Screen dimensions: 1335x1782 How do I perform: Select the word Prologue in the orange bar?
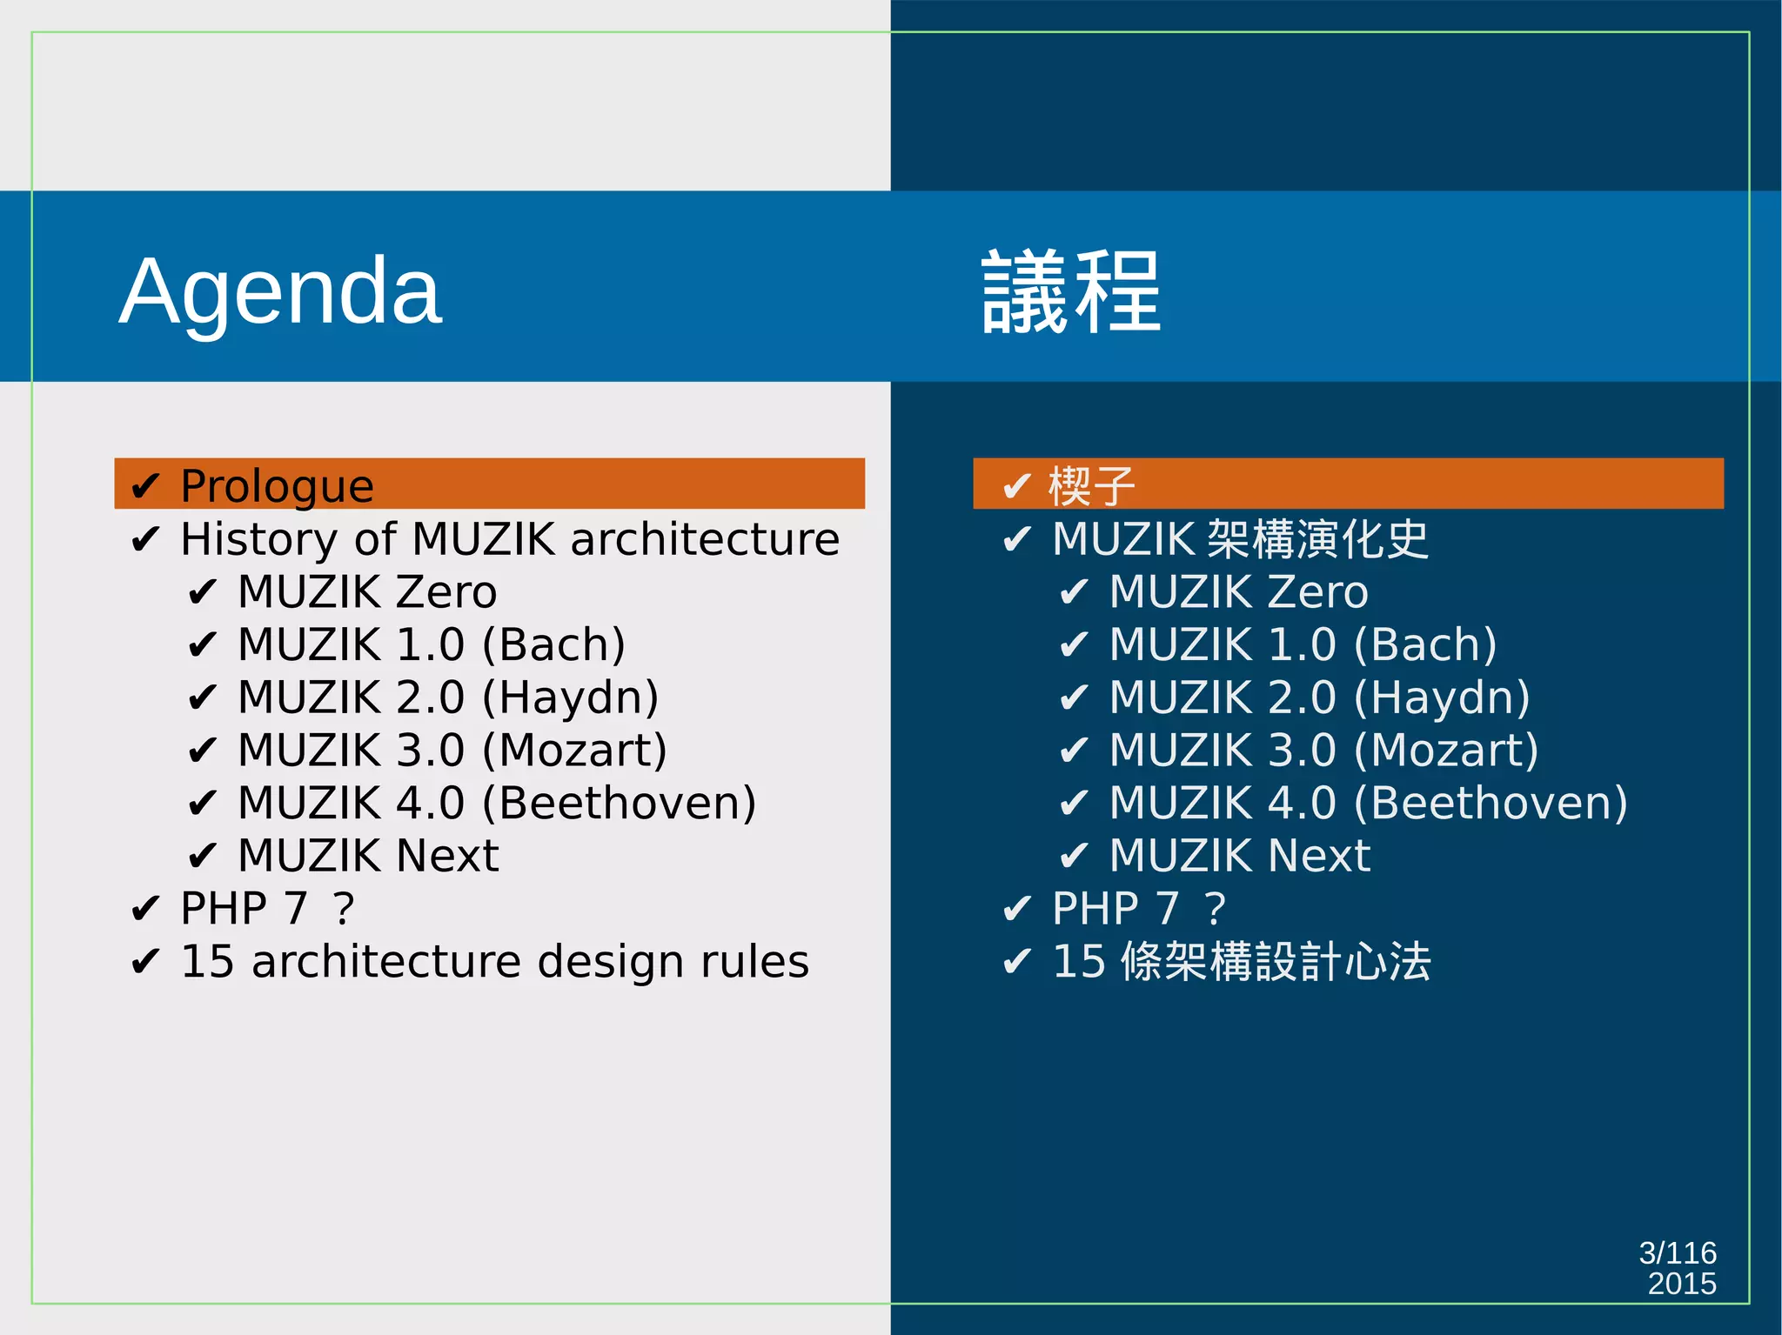point(277,485)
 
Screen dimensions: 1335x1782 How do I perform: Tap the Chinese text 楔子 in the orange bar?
point(1091,485)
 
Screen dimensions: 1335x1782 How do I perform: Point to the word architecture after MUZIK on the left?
point(705,539)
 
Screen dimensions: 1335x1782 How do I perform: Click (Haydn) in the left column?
point(570,698)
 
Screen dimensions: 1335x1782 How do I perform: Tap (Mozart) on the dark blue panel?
point(1446,751)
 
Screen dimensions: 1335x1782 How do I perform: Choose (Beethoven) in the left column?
point(619,803)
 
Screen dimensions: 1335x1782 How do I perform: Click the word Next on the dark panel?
point(1318,856)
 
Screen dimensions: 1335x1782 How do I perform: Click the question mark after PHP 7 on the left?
point(344,909)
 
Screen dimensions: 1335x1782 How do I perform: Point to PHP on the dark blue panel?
point(1095,909)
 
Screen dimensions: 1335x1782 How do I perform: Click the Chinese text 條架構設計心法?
point(1276,962)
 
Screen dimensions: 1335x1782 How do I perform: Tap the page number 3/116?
point(1677,1253)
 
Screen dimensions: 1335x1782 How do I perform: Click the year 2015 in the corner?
point(1681,1284)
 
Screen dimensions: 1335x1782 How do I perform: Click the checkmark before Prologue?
point(145,486)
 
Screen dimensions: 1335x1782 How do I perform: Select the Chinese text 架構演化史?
point(1318,539)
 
